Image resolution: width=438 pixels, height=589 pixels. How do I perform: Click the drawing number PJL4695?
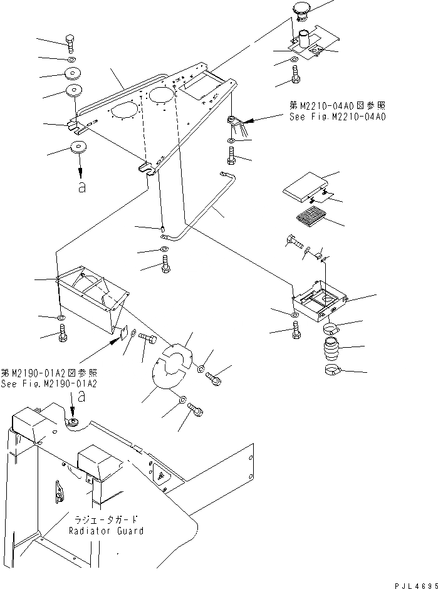point(412,582)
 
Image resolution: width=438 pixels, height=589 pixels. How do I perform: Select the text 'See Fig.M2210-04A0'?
point(338,117)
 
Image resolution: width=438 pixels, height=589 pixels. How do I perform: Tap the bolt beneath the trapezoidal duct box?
point(63,336)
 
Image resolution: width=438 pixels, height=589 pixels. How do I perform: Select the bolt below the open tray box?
point(296,330)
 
